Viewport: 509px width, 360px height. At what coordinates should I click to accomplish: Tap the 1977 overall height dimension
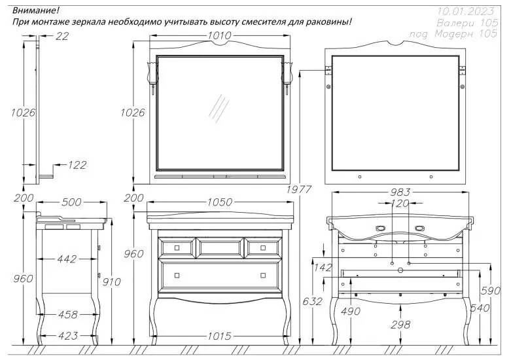pyautogui.click(x=299, y=190)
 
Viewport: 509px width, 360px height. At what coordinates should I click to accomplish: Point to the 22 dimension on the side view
pyautogui.click(x=62, y=37)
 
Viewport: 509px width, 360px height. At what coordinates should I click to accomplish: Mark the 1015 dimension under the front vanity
pyautogui.click(x=219, y=336)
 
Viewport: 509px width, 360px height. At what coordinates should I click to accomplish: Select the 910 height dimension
pyautogui.click(x=112, y=282)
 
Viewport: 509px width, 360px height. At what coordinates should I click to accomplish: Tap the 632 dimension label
pyautogui.click(x=313, y=302)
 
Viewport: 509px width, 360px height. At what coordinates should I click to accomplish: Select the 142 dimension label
pyautogui.click(x=323, y=268)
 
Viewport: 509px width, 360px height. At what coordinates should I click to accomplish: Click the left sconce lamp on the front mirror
pyautogui.click(x=153, y=75)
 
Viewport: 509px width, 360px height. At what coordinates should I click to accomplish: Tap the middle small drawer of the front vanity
pyautogui.click(x=220, y=247)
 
